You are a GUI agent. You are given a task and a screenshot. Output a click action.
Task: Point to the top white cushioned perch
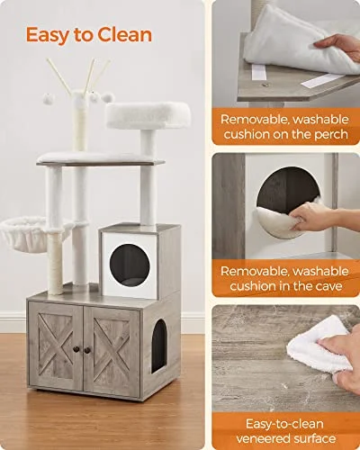[x=148, y=114]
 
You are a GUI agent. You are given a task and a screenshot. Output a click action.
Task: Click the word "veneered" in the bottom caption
[x=267, y=437]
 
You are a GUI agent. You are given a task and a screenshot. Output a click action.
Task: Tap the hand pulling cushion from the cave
[x=315, y=217]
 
